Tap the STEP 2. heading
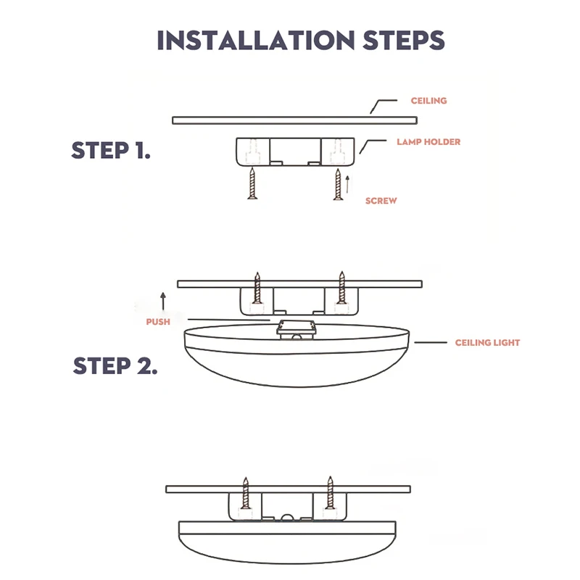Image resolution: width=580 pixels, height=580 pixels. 115,365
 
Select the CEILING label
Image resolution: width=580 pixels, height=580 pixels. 428,101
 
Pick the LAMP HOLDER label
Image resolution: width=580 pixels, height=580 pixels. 428,142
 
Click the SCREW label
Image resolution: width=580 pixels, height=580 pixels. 381,201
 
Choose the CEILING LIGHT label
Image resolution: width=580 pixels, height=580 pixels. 486,342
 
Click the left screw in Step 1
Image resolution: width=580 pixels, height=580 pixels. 252,183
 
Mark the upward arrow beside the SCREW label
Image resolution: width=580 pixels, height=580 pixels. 347,183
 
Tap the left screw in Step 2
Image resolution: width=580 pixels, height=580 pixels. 256,289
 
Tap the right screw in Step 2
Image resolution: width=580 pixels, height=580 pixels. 342,289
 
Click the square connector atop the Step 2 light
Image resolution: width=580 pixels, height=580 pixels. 294,328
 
